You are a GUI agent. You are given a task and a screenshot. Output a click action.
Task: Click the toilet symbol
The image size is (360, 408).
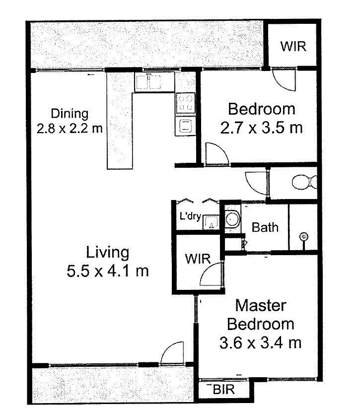tap(304, 182)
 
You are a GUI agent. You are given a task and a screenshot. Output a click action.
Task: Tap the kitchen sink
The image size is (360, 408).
tap(148, 82)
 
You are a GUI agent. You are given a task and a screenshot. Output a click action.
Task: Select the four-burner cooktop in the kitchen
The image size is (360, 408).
tap(185, 103)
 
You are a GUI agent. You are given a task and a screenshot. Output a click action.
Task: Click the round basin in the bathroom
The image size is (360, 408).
tap(232, 219)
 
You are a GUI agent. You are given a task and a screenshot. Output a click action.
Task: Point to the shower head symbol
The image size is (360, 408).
tap(304, 237)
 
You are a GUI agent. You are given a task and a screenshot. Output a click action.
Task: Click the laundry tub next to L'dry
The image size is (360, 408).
tap(211, 222)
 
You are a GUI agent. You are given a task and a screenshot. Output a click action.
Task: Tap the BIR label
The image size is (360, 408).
tap(223, 390)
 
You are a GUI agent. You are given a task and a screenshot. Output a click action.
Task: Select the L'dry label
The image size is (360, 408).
tap(190, 216)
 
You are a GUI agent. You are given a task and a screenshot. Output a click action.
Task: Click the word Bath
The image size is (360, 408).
tap(265, 227)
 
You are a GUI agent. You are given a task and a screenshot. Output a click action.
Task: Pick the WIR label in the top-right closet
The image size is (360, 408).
tap(293, 46)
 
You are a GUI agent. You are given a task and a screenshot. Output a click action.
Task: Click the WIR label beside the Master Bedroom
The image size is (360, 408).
tap(198, 259)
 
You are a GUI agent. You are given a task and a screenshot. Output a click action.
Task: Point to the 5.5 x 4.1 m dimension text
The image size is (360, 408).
tap(108, 271)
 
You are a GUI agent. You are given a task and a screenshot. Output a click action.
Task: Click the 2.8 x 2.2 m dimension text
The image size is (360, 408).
tap(70, 128)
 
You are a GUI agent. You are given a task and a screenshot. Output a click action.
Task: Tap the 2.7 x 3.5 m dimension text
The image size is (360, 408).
tap(261, 128)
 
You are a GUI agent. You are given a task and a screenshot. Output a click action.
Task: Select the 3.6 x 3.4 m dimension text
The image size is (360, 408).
tap(261, 342)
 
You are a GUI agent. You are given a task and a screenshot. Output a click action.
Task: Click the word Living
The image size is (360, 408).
tap(108, 253)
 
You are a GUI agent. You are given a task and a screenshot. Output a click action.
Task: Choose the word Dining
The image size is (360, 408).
tap(70, 114)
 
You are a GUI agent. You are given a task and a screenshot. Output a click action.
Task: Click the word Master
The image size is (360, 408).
tap(261, 305)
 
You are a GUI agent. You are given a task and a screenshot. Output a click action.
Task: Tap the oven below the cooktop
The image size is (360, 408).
tap(185, 126)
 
